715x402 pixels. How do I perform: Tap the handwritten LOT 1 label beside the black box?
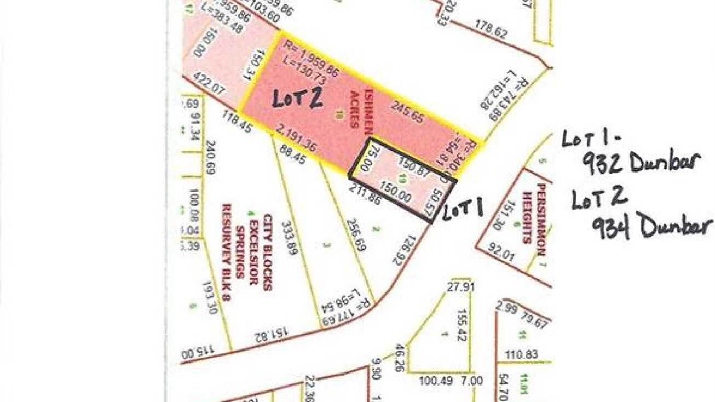463,210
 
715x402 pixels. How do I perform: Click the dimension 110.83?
522,355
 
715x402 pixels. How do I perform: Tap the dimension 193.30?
210,297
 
